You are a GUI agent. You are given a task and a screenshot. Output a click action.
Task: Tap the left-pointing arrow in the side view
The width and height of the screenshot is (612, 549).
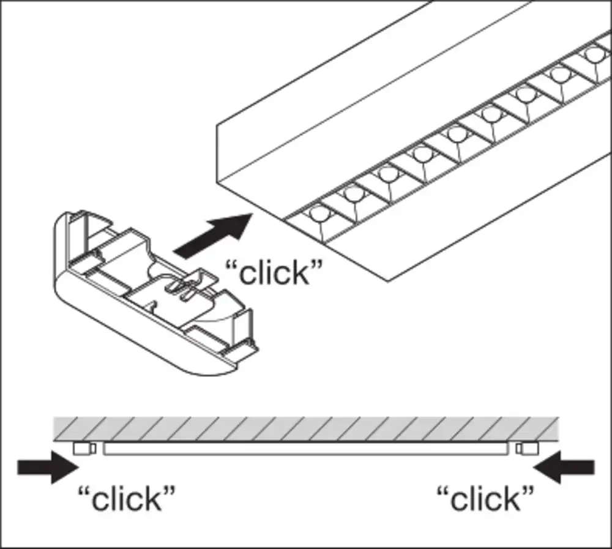pyautogui.click(x=564, y=468)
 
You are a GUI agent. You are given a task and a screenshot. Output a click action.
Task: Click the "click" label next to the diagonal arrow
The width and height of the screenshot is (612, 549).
pyautogui.click(x=274, y=272)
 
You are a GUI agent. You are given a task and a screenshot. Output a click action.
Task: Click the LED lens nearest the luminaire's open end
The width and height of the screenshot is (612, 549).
pyautogui.click(x=319, y=215)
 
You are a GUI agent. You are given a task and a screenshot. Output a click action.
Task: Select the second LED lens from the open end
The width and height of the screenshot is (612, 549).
pyautogui.click(x=354, y=194)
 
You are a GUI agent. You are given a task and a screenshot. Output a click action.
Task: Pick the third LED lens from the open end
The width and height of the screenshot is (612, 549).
pyautogui.click(x=388, y=173)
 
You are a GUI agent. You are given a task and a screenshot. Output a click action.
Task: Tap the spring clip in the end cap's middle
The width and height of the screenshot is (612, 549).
pyautogui.click(x=184, y=286)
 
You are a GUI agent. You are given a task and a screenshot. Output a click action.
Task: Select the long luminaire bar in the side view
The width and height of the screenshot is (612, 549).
pyautogui.click(x=306, y=449)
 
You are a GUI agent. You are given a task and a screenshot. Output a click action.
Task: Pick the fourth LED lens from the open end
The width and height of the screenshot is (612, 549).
pyautogui.click(x=422, y=153)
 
